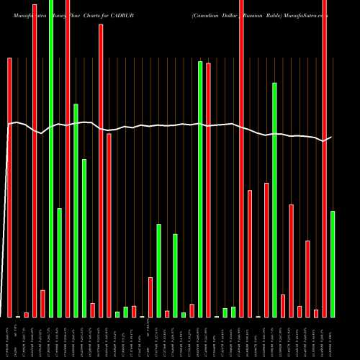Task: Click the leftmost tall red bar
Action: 10,187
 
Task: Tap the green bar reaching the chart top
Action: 51,158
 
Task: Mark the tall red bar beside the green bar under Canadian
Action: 208,190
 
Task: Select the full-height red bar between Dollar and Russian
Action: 241,158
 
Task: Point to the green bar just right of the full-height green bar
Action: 60,262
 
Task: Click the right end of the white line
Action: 331,137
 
